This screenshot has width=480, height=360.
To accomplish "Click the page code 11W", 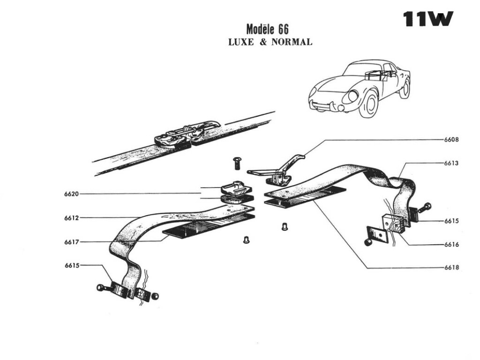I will pos(428,20).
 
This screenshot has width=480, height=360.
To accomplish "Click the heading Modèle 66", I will pos(267,29).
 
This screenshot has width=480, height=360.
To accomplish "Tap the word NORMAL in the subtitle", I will pos(292,42).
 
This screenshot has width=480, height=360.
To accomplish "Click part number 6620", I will pos(72,194).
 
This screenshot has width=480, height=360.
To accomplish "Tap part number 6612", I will pos(72,218).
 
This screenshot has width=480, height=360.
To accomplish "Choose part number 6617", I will pos(72,242).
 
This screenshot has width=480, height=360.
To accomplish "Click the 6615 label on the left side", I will pos(72,265).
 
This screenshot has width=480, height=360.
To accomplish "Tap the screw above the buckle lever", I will pos(237,163).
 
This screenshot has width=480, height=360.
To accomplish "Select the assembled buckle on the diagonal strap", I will pos(187,134).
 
